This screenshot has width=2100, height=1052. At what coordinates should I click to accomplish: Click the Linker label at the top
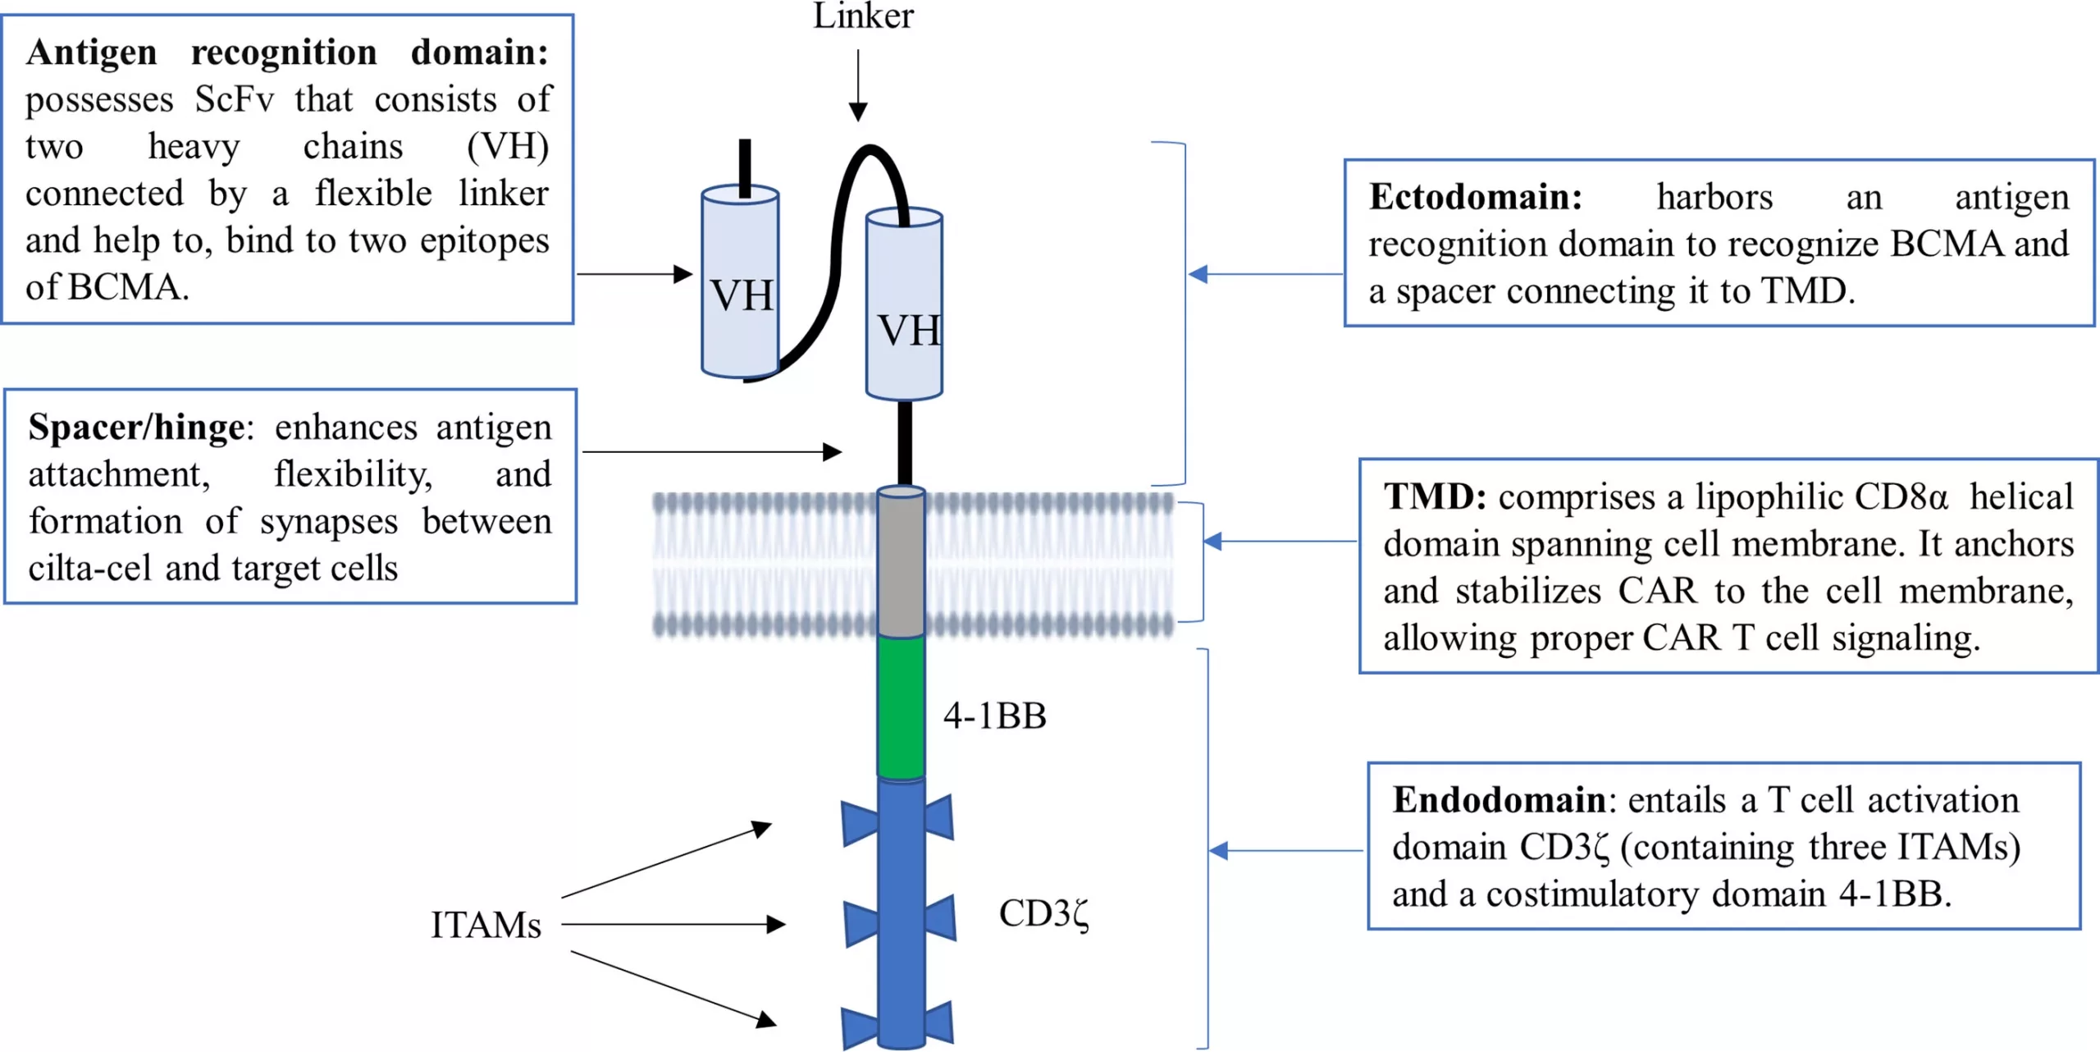point(863,16)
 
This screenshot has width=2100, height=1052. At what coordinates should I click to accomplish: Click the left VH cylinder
point(740,283)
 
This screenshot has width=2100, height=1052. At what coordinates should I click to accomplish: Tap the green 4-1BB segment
point(901,707)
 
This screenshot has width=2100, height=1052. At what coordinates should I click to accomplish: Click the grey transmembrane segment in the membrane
point(901,563)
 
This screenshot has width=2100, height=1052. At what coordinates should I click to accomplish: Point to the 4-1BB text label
point(994,716)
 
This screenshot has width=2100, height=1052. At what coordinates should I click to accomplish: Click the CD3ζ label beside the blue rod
point(1043,914)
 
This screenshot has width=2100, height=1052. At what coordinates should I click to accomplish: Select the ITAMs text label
point(486,926)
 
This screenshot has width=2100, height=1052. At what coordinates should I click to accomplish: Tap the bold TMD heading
point(1434,497)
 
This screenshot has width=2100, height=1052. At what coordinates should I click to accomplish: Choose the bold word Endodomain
point(1499,800)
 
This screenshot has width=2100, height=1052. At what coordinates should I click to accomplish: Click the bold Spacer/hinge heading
point(136,428)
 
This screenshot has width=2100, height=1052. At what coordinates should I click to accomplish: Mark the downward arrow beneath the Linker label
point(858,85)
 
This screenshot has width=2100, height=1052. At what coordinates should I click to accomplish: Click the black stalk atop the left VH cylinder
point(745,167)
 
